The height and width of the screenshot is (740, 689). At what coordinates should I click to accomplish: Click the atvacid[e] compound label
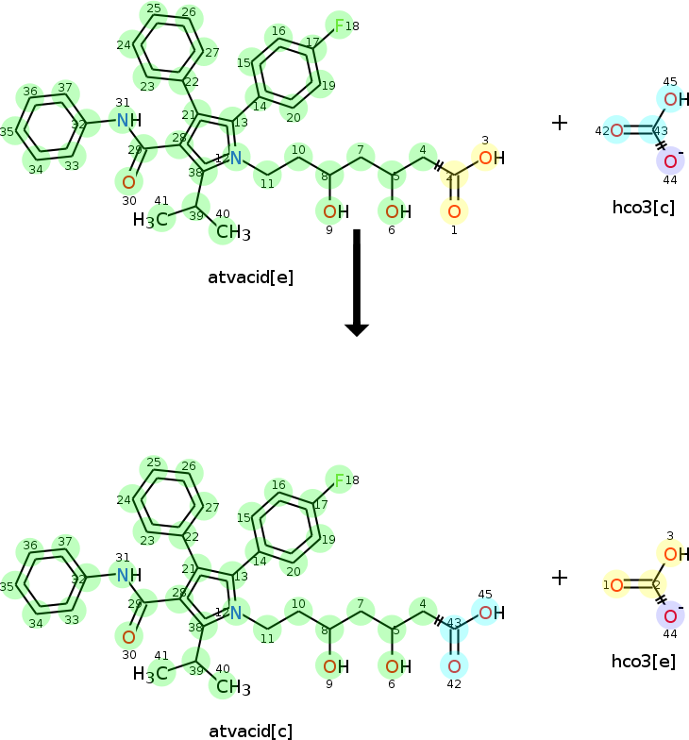pyautogui.click(x=251, y=277)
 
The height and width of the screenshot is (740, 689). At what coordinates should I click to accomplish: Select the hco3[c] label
pyautogui.click(x=643, y=208)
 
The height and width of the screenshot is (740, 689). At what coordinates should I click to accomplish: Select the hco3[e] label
pyautogui.click(x=643, y=661)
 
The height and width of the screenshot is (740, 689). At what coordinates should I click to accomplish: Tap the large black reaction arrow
pyautogui.click(x=357, y=282)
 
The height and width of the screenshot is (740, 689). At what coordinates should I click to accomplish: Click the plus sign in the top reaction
pyautogui.click(x=560, y=123)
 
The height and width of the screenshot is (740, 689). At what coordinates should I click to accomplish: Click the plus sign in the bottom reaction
pyautogui.click(x=560, y=576)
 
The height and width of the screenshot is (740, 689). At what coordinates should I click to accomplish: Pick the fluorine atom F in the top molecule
pyautogui.click(x=339, y=25)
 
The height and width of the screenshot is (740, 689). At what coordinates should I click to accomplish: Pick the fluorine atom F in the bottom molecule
pyautogui.click(x=339, y=479)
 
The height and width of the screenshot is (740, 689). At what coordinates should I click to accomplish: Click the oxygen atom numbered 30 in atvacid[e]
pyautogui.click(x=128, y=181)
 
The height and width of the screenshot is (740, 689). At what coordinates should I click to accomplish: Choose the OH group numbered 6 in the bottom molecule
pyautogui.click(x=398, y=666)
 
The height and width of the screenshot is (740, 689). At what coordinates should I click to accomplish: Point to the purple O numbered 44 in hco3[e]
pyautogui.click(x=669, y=616)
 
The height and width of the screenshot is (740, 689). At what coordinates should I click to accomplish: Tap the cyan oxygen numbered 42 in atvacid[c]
pyautogui.click(x=454, y=665)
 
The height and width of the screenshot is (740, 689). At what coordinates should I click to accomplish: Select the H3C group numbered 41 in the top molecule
pyautogui.click(x=151, y=220)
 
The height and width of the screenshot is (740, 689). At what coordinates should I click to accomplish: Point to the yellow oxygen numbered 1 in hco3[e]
pyautogui.click(x=615, y=586)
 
